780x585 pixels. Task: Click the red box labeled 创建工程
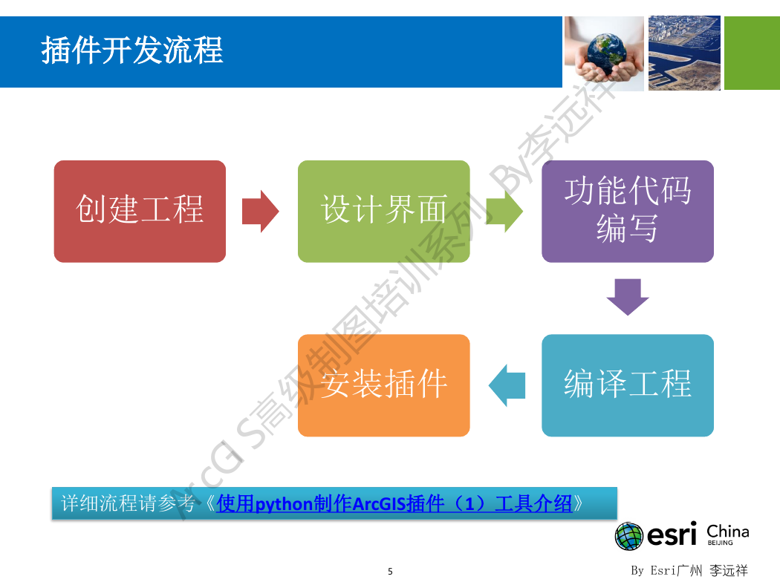(x=140, y=212)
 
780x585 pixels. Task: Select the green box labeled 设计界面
(x=383, y=212)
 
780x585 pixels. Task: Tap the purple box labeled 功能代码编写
(x=627, y=212)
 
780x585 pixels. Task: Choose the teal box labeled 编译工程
(x=627, y=385)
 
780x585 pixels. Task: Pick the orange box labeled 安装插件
(x=383, y=385)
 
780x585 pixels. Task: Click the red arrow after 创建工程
(x=260, y=212)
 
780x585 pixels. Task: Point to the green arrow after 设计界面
(x=504, y=212)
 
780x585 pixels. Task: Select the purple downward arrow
(x=628, y=297)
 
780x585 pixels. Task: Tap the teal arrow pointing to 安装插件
(x=507, y=385)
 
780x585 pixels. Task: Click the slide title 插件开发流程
(x=131, y=50)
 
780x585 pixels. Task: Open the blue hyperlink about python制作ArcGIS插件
(x=394, y=503)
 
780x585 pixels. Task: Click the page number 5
(x=390, y=572)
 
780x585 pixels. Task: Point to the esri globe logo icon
(x=629, y=536)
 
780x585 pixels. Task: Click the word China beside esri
(x=728, y=531)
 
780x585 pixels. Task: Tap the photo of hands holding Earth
(x=604, y=53)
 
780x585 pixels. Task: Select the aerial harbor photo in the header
(x=684, y=53)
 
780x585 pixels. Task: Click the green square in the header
(x=752, y=53)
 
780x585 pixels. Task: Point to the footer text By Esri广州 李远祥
(x=689, y=570)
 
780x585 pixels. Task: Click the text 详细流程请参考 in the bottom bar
(x=128, y=503)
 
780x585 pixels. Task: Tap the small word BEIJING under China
(x=721, y=543)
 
